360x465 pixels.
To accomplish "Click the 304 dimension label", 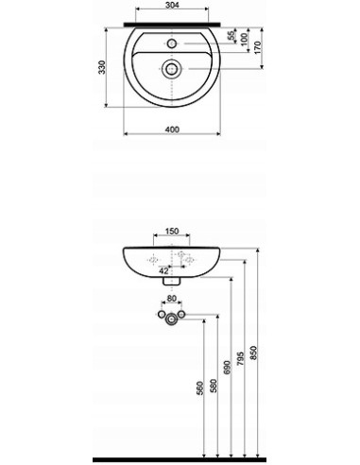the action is click(x=172, y=5).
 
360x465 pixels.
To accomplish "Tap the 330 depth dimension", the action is click(x=102, y=67).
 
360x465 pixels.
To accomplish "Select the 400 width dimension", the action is click(x=172, y=129).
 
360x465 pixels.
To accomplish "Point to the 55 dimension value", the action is click(x=231, y=35).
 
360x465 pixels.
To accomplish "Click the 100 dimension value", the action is click(x=244, y=39).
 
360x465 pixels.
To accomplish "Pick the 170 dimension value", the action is click(x=257, y=47).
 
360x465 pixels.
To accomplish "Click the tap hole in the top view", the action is click(x=172, y=43).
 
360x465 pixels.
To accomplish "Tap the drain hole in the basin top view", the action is click(x=171, y=68).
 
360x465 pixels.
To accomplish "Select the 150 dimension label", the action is click(x=172, y=232).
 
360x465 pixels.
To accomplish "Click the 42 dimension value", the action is click(x=163, y=270).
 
